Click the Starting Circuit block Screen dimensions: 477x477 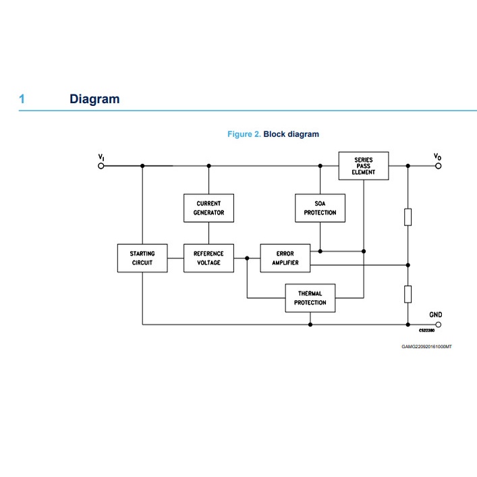click(x=142, y=258)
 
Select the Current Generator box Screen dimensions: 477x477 click(x=208, y=208)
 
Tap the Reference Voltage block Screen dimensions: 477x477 click(x=208, y=258)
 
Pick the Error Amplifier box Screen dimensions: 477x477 click(x=285, y=258)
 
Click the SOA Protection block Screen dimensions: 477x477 click(x=320, y=208)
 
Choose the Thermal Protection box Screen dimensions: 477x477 click(x=310, y=298)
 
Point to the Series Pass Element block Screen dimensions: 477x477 click(x=363, y=166)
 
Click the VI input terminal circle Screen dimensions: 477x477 click(x=101, y=166)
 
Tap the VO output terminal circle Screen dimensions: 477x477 click(x=438, y=166)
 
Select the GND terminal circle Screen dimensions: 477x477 click(x=438, y=325)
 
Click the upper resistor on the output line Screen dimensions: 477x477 click(x=408, y=217)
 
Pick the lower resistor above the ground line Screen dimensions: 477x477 click(x=408, y=293)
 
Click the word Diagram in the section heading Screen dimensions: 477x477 click(x=94, y=99)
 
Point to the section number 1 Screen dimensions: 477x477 click(x=22, y=99)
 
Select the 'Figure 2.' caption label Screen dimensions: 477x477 click(x=244, y=134)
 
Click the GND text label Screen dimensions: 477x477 click(x=436, y=314)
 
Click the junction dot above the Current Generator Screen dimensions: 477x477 click(x=208, y=166)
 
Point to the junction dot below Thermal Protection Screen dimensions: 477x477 click(x=310, y=325)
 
